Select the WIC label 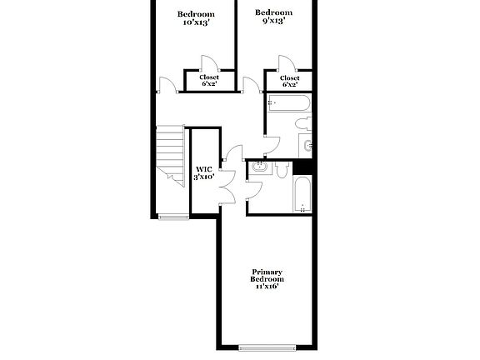[204, 168]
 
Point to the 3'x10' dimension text [204, 177]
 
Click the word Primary [267, 272]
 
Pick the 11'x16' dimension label [267, 286]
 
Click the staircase [171, 153]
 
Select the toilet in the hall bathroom [302, 124]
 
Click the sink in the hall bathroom [307, 146]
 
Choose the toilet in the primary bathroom [282, 169]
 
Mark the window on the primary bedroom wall [267, 347]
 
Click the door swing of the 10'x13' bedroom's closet [209, 64]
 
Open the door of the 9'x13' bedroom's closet [286, 64]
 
